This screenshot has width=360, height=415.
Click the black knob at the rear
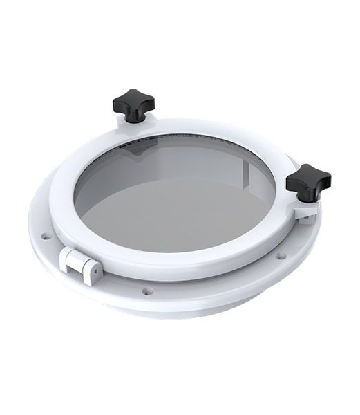point(133,104)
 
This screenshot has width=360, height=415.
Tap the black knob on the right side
point(308,181)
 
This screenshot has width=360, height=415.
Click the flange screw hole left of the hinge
point(46,236)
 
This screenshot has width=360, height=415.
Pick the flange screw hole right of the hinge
point(146,290)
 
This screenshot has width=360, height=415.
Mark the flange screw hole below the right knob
point(281,256)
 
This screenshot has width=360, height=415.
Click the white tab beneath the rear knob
point(131,131)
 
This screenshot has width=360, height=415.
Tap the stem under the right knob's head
point(305,199)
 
